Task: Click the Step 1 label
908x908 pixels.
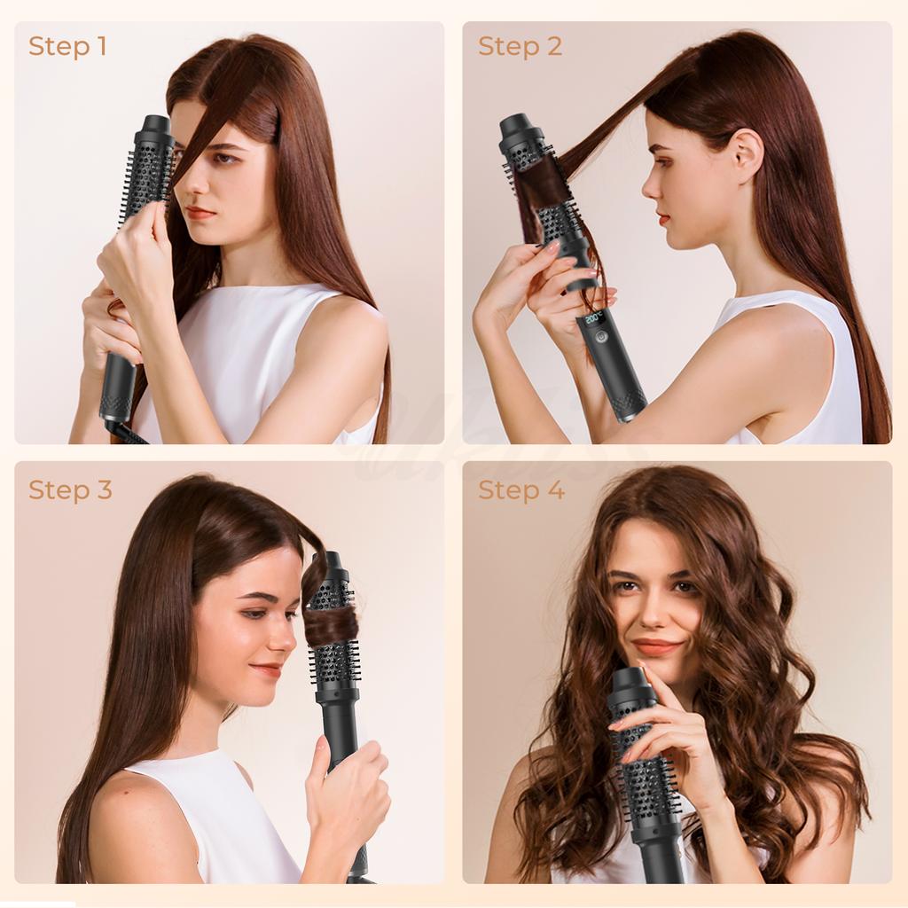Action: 67,46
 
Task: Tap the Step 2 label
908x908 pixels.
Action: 520,46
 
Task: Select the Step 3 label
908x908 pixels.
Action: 70,489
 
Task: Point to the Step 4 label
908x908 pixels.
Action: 521,489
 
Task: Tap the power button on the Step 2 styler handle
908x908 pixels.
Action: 601,337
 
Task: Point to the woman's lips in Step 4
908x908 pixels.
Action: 657,647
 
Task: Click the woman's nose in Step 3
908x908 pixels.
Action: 285,637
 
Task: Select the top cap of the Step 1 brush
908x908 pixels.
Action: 154,126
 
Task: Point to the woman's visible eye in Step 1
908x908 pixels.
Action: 225,159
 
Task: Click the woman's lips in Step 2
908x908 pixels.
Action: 661,218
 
